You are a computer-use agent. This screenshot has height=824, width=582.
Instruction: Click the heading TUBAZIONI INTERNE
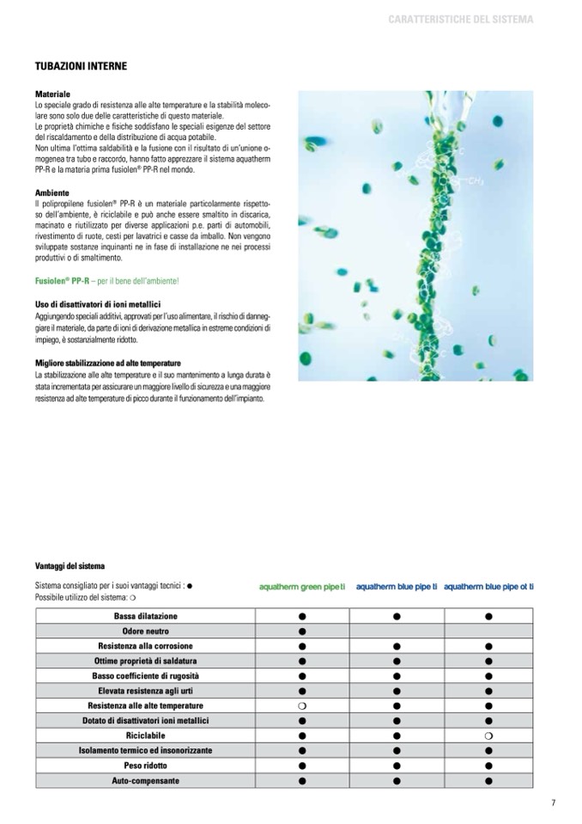click(x=81, y=65)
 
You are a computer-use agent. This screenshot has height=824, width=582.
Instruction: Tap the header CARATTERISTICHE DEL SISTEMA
click(x=461, y=19)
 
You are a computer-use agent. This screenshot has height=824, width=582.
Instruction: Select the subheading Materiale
click(x=52, y=93)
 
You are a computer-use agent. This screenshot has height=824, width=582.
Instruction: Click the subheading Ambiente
click(x=52, y=192)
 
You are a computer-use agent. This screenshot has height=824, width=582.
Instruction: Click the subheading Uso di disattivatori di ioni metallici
click(x=98, y=304)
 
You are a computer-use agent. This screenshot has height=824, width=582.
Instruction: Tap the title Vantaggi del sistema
click(x=70, y=566)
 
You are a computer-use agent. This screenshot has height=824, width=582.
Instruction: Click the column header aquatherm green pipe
click(x=302, y=587)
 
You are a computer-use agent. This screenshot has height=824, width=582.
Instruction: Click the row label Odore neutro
click(x=145, y=632)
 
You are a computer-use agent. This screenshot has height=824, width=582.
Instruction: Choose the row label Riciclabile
click(x=145, y=735)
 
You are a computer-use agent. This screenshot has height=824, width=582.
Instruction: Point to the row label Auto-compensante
click(x=145, y=780)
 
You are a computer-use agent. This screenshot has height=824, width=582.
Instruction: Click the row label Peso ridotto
click(x=145, y=765)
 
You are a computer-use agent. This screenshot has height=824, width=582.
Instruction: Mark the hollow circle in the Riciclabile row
click(x=488, y=735)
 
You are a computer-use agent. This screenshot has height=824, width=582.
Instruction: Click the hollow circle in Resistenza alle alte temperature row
click(x=302, y=705)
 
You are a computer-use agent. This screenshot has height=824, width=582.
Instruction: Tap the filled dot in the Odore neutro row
click(x=302, y=632)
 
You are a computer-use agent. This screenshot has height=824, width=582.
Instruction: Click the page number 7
click(x=554, y=803)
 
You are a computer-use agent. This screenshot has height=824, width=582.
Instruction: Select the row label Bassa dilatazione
click(x=145, y=616)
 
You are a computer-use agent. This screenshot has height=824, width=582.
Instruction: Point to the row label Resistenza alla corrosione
click(x=145, y=646)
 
